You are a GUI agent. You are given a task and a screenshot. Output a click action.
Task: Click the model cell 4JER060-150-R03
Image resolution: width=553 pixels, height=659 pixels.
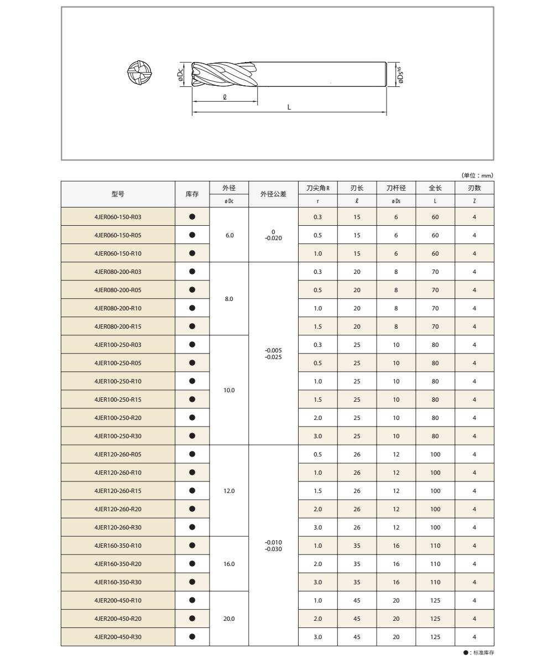pyautogui.click(x=118, y=217)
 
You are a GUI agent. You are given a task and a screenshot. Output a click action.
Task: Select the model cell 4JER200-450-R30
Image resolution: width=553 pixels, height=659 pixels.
pyautogui.click(x=118, y=637)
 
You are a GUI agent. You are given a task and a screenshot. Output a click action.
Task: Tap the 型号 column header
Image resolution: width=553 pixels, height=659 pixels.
pyautogui.click(x=118, y=194)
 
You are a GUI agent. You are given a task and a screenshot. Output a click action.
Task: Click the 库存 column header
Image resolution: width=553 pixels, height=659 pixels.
pyautogui.click(x=192, y=194)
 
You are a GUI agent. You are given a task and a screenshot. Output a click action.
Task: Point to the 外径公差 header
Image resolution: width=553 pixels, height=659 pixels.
pyautogui.click(x=273, y=194)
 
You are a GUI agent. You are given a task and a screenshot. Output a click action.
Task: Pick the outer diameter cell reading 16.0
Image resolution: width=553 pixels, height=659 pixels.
pyautogui.click(x=229, y=564)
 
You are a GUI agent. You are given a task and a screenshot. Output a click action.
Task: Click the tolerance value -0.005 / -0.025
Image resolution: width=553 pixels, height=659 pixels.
pyautogui.click(x=273, y=354)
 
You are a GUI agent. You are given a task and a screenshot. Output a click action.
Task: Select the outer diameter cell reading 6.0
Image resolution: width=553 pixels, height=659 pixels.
pyautogui.click(x=229, y=235)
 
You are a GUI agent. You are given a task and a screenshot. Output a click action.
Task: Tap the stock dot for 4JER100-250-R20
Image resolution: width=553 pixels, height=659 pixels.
pyautogui.click(x=192, y=417)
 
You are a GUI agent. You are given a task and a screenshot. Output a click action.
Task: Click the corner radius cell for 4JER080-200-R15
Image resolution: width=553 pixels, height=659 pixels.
pyautogui.click(x=317, y=326)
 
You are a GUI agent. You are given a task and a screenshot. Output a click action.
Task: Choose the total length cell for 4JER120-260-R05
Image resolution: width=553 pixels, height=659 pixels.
pyautogui.click(x=435, y=454)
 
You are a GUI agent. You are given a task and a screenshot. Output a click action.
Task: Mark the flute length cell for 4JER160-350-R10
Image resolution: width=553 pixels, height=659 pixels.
pyautogui.click(x=357, y=546)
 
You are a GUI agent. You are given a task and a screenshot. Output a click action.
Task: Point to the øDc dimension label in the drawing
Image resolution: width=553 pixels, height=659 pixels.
pyautogui.click(x=181, y=75)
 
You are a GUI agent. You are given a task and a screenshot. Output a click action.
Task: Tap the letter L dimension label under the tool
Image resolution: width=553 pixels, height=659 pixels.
pyautogui.click(x=289, y=107)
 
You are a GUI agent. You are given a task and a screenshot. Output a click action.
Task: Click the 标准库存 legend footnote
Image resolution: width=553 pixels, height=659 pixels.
pyautogui.click(x=479, y=653)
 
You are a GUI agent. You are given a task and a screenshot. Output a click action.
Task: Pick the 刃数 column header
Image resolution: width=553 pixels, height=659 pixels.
pyautogui.click(x=474, y=189)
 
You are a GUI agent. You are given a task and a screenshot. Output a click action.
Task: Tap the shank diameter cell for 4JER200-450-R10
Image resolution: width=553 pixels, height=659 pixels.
pyautogui.click(x=396, y=600)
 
